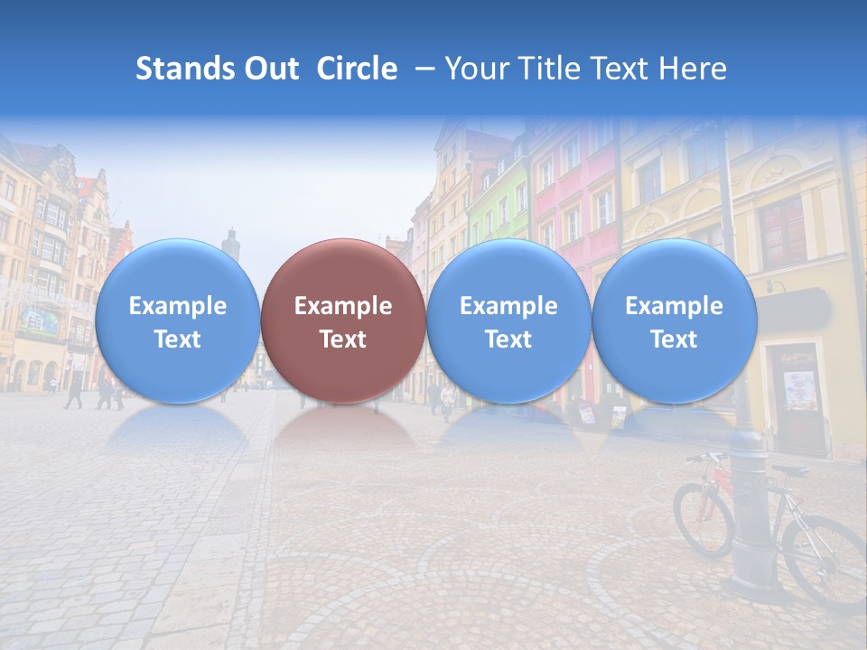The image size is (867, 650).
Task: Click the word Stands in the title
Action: pyautogui.click(x=180, y=69)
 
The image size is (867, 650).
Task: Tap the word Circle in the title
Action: pyautogui.click(x=357, y=69)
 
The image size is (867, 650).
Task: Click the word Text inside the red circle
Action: pyautogui.click(x=342, y=339)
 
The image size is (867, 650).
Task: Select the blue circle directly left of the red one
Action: pyautogui.click(x=177, y=320)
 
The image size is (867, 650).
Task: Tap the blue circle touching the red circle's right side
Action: pyautogui.click(x=508, y=320)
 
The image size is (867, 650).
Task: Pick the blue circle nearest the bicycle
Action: pyautogui.click(x=674, y=320)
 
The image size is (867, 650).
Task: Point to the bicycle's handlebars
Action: pyautogui.click(x=706, y=457)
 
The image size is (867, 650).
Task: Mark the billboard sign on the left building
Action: pyautogui.click(x=39, y=320)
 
